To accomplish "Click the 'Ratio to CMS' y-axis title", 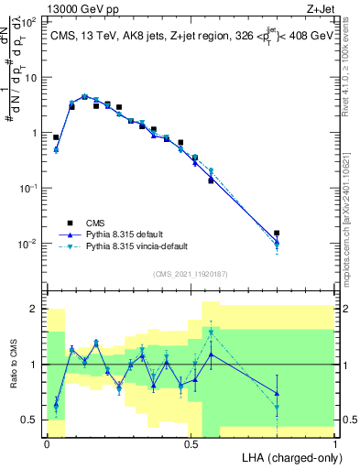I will pos(12,364).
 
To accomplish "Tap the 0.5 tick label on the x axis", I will pos(191,442).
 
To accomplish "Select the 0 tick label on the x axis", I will pos(47,442).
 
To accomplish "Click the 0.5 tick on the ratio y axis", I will pos(29,420).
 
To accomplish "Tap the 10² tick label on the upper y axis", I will pos(29,22).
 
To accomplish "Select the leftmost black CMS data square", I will pos(56,137).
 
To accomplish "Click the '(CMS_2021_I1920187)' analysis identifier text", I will pos(190,272).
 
